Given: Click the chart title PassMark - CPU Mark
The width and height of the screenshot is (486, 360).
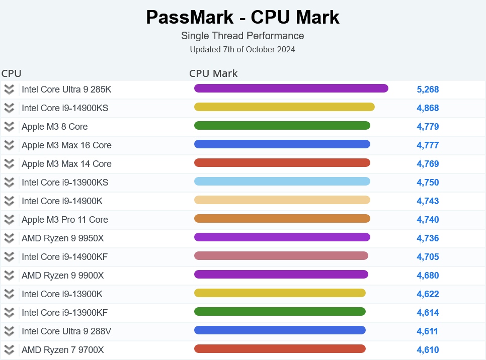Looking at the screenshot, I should [x=242, y=18].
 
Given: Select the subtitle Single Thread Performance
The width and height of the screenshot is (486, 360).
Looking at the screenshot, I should [x=242, y=36].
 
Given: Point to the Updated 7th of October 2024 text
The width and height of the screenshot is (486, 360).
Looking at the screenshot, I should [x=242, y=50].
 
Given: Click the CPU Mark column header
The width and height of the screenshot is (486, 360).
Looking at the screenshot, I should [x=213, y=73].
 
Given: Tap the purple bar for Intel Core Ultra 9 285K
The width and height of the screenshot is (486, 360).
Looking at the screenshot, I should [x=291, y=88].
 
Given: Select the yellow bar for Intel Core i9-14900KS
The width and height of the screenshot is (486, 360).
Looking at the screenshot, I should [x=284, y=107].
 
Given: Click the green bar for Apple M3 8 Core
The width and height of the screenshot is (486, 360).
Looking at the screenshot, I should [x=282, y=126].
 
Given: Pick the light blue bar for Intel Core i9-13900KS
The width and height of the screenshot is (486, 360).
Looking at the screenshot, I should [x=282, y=182].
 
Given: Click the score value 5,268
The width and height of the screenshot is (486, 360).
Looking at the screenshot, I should [x=428, y=89].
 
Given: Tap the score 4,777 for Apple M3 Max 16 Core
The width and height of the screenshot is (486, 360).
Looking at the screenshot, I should [x=428, y=145].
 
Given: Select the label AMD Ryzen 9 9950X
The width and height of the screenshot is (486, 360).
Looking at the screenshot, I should [x=62, y=238].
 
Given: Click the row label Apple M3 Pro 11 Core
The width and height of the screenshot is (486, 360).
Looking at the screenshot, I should [x=64, y=220].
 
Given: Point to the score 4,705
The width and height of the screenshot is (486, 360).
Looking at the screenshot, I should [x=428, y=257].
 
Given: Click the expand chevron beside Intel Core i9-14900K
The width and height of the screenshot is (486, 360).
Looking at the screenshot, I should [x=9, y=201].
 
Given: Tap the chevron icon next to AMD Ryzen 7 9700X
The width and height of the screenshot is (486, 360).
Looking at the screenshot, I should [x=9, y=350].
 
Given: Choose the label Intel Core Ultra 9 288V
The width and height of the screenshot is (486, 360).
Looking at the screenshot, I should [x=66, y=331].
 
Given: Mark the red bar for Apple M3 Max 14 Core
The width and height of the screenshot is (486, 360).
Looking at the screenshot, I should [x=282, y=163].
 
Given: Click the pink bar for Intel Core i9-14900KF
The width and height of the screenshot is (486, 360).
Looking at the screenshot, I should [x=281, y=256].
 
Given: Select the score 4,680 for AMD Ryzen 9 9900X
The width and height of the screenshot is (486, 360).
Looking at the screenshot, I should [x=428, y=276].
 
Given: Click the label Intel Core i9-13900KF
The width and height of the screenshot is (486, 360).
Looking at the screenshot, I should [x=64, y=313].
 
